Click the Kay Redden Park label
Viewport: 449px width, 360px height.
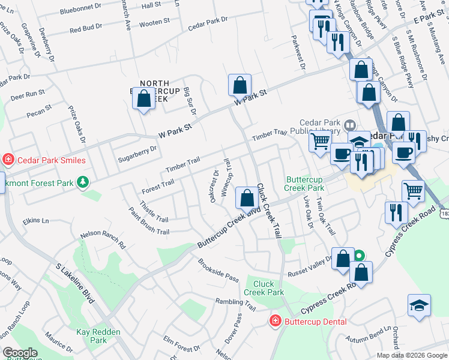point(98,336)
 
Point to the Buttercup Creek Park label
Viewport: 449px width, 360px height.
point(304,184)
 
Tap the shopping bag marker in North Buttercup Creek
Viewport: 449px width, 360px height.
point(144,100)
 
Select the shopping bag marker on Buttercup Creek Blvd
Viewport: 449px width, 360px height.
point(247,198)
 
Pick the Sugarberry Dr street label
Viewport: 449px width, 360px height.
point(137,152)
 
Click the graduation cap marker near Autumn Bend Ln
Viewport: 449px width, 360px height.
point(419,306)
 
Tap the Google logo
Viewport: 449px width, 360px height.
point(20,353)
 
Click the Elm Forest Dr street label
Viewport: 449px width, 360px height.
point(182,344)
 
